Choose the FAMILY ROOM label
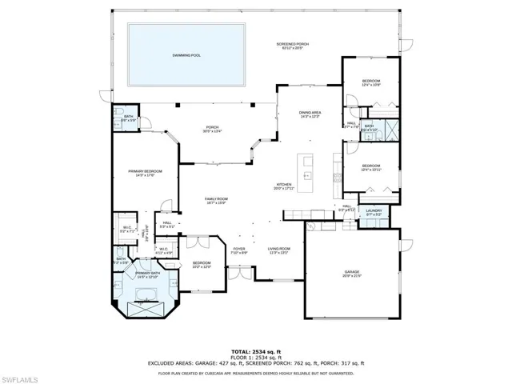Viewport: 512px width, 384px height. pos(216,201)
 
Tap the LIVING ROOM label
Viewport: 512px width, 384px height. pos(278,250)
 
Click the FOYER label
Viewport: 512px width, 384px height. pos(239,250)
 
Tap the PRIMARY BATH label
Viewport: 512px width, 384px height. pos(148,274)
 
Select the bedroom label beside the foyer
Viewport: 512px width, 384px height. pos(202,265)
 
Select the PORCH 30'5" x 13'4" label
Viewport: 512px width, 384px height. pos(212,129)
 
